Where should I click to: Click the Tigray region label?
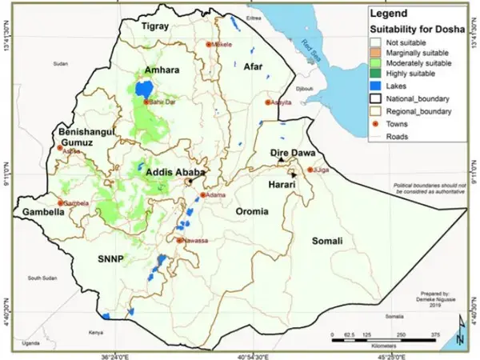click(x=157, y=26)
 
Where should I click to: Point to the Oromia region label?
click(x=253, y=210)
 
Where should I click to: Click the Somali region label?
click(x=326, y=241)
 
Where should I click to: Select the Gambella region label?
click(x=37, y=214)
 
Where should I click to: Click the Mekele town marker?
click(x=210, y=44)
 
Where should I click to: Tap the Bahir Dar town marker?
click(x=146, y=102)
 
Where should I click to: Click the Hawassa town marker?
click(x=180, y=239)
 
